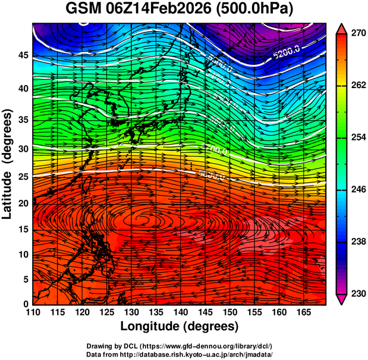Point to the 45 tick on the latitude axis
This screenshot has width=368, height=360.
(x=22, y=55)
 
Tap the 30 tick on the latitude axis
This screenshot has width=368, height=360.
(x=22, y=149)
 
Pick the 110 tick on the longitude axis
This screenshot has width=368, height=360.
(x=33, y=312)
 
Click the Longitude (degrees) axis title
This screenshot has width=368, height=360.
(x=179, y=326)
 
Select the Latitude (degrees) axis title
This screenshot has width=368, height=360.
(x=8, y=164)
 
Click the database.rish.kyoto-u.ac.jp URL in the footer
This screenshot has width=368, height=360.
(x=209, y=353)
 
